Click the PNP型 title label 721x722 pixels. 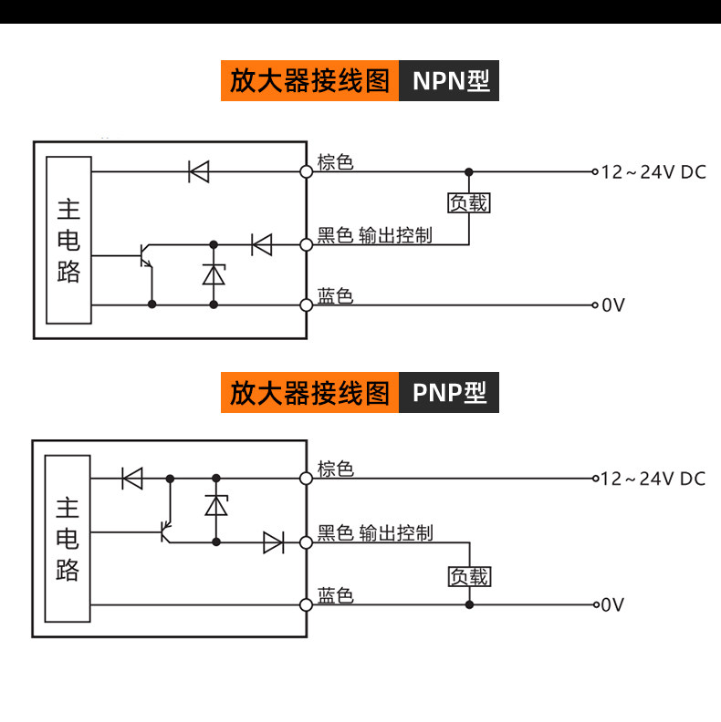click(x=449, y=392)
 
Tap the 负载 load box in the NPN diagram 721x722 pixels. click(x=469, y=203)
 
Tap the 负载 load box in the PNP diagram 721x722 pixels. click(x=469, y=576)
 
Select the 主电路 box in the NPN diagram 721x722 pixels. click(x=68, y=240)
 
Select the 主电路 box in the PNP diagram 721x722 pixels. click(x=68, y=539)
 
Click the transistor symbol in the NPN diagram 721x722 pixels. click(x=146, y=255)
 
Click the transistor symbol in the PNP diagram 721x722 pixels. click(x=166, y=531)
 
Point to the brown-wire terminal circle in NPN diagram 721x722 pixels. click(x=306, y=171)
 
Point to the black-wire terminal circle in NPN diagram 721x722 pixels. click(x=306, y=245)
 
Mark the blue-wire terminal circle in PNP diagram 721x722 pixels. click(x=306, y=605)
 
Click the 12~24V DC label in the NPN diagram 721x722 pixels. click(x=653, y=172)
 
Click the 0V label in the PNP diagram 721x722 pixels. click(x=612, y=604)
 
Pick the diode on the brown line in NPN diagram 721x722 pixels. click(x=199, y=171)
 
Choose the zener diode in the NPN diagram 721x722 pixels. click(x=214, y=274)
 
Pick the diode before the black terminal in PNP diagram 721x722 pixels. click(x=274, y=542)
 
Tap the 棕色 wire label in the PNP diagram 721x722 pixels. click(x=336, y=469)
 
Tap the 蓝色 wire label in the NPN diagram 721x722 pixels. click(x=335, y=296)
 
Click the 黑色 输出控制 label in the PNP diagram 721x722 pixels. click(x=375, y=532)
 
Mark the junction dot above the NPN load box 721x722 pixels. click(x=469, y=172)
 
